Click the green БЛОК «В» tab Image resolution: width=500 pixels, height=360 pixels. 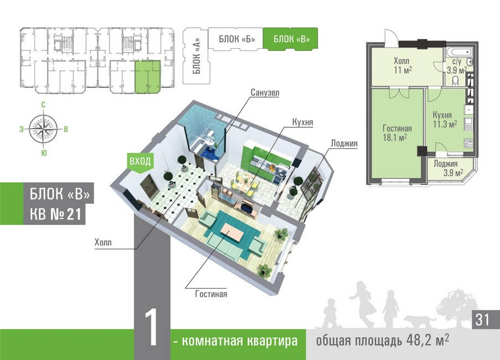290,39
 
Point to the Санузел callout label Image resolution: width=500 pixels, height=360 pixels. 265,92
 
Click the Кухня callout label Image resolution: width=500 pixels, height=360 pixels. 302,121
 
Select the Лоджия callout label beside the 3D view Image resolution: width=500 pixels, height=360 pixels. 344,143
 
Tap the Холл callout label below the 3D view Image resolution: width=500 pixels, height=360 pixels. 104,243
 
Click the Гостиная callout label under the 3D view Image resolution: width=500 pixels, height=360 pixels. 211,294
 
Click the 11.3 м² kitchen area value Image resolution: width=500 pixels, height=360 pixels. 444,125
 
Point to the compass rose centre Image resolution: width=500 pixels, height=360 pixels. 44,126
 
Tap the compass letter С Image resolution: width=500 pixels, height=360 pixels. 43,105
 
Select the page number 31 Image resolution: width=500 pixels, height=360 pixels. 482,319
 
